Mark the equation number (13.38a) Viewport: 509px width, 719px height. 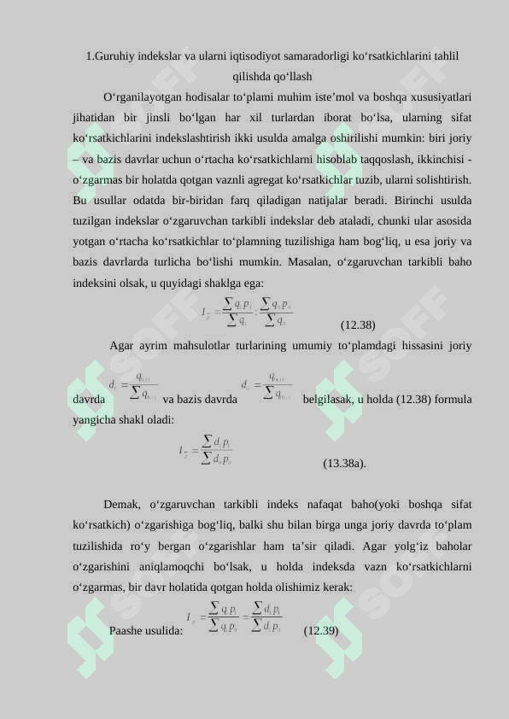pyautogui.click(x=344, y=464)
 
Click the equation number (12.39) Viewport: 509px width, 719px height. pyautogui.click(x=321, y=631)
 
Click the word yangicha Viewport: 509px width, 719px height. pyautogui.click(x=95, y=419)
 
